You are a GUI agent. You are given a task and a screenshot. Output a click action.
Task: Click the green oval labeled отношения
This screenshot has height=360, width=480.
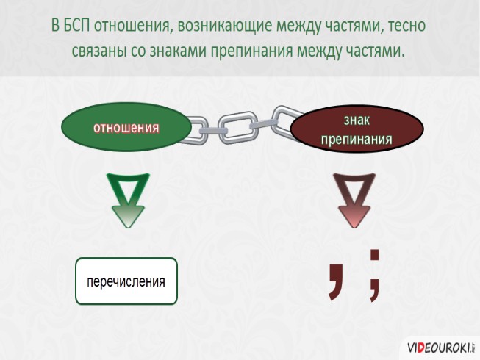point(126,126)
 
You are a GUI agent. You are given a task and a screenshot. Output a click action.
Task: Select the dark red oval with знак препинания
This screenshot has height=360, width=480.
point(357,128)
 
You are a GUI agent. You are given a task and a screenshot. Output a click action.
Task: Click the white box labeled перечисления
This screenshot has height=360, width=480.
point(126,281)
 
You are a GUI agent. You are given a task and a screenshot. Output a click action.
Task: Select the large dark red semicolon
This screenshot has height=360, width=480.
point(375,274)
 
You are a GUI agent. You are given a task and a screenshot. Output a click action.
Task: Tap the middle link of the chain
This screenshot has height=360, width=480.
point(236,126)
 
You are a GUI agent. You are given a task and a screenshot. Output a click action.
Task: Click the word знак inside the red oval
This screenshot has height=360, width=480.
point(357,119)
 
